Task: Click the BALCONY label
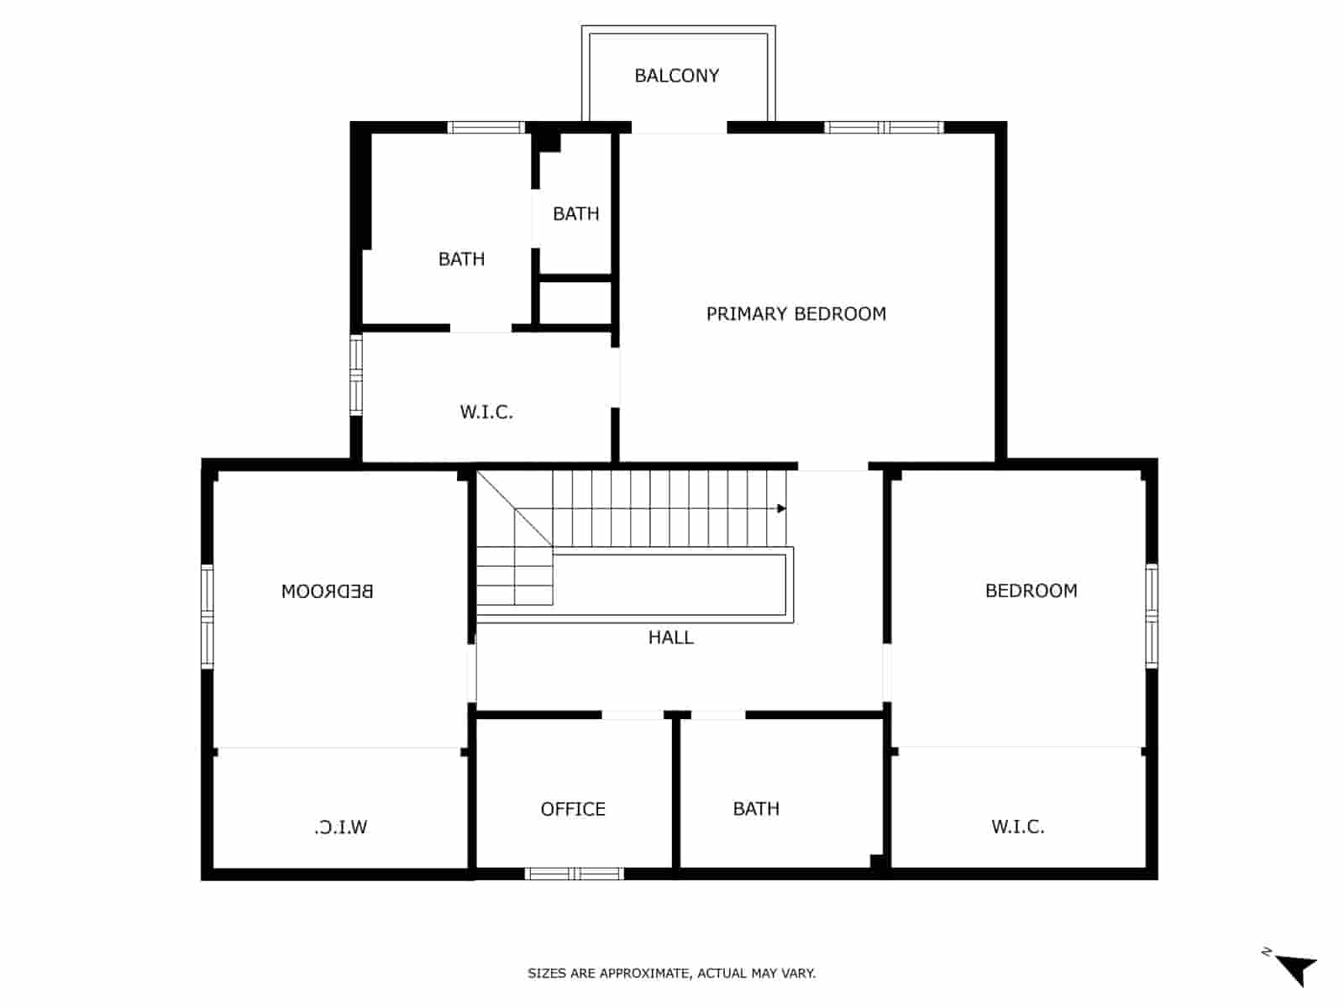click(676, 76)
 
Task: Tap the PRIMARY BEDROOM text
click(795, 314)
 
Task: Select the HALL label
click(670, 638)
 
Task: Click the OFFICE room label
click(573, 809)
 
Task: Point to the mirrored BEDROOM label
click(327, 591)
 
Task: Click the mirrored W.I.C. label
click(340, 827)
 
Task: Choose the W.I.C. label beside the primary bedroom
click(486, 412)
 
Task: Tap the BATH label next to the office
click(756, 809)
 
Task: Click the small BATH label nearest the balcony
click(575, 214)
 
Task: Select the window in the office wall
click(575, 874)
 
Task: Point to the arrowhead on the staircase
click(781, 508)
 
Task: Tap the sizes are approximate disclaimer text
click(671, 974)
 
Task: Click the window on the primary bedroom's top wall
click(884, 128)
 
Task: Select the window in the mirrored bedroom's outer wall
click(207, 617)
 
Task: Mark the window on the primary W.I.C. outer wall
click(356, 375)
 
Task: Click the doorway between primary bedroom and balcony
click(679, 128)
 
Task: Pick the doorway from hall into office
click(633, 715)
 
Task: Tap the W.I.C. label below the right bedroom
click(1017, 827)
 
